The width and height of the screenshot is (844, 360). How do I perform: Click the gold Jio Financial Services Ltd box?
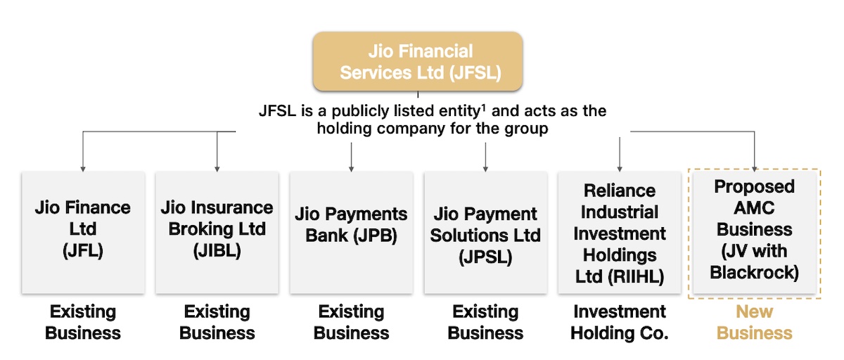pyautogui.click(x=420, y=62)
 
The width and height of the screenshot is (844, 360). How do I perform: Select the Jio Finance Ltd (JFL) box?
pyautogui.click(x=83, y=232)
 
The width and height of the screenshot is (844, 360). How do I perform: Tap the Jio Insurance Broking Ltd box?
pyautogui.click(x=217, y=232)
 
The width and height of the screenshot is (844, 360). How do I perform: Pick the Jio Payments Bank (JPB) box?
pyautogui.click(x=351, y=232)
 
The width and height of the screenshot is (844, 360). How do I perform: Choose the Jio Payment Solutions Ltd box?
pyautogui.click(x=485, y=232)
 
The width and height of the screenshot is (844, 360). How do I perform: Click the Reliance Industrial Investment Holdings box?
pyautogui.click(x=619, y=232)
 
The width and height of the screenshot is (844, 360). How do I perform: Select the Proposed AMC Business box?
pyautogui.click(x=754, y=232)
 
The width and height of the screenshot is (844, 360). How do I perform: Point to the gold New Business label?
pyautogui.click(x=754, y=322)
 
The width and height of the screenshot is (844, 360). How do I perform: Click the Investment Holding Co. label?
pyautogui.click(x=619, y=322)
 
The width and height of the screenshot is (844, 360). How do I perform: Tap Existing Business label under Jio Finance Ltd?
pyautogui.click(x=83, y=322)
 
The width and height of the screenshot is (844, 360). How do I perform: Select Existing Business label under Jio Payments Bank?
pyautogui.click(x=351, y=322)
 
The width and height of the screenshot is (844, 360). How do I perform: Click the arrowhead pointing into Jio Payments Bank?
pyautogui.click(x=351, y=169)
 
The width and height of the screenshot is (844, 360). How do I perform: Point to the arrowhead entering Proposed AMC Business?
pyautogui.click(x=754, y=169)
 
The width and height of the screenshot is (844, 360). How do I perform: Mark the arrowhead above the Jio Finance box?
pyautogui.click(x=83, y=169)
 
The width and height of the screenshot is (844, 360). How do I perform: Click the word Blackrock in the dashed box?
pyautogui.click(x=754, y=272)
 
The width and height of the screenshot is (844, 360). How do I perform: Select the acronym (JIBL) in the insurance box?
pyautogui.click(x=217, y=250)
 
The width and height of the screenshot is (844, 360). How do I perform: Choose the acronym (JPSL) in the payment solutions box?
pyautogui.click(x=485, y=257)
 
